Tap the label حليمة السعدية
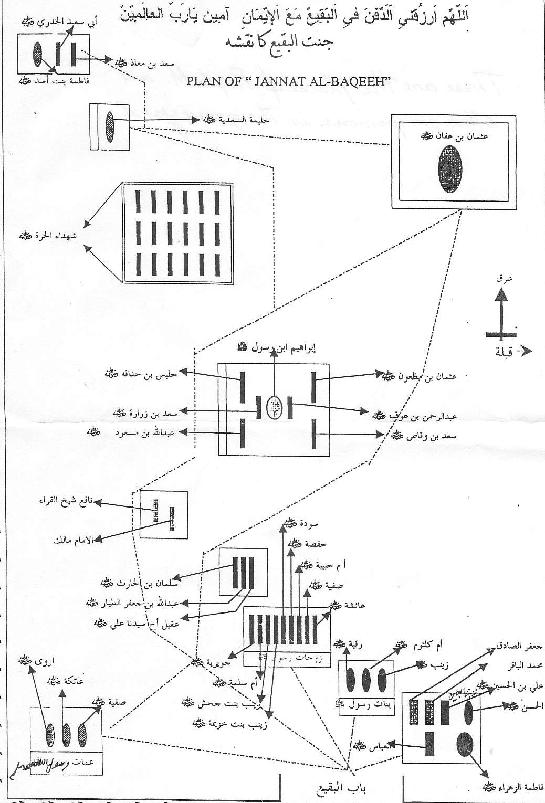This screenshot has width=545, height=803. click(x=236, y=120)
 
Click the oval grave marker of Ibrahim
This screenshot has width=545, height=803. click(x=274, y=405)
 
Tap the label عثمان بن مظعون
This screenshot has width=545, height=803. click(x=420, y=376)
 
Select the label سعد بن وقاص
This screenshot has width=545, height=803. click(x=424, y=435)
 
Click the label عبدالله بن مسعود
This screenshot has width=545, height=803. click(x=140, y=433)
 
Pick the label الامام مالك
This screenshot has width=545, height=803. click(x=73, y=540)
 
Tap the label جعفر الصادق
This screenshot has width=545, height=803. click(x=519, y=648)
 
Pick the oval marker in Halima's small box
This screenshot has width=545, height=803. click(x=109, y=126)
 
